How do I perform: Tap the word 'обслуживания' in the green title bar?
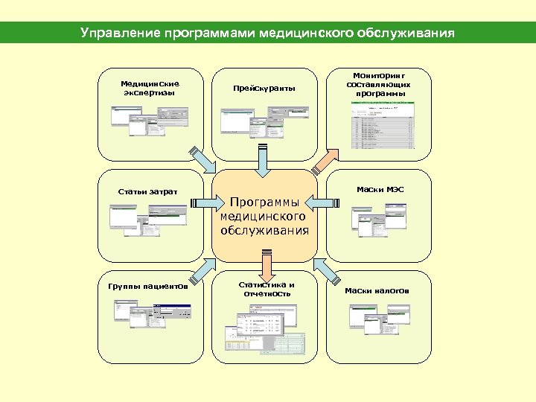(415, 33)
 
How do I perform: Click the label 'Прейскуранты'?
(264, 89)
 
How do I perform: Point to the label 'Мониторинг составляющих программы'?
(379, 85)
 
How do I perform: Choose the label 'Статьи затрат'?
(147, 191)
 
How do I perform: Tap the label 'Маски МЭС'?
(380, 189)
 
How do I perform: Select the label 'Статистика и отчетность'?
(266, 289)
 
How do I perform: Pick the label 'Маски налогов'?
(377, 290)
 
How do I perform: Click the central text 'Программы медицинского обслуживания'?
(264, 216)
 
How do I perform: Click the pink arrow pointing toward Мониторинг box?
(325, 159)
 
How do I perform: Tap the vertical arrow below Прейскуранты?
(262, 156)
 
